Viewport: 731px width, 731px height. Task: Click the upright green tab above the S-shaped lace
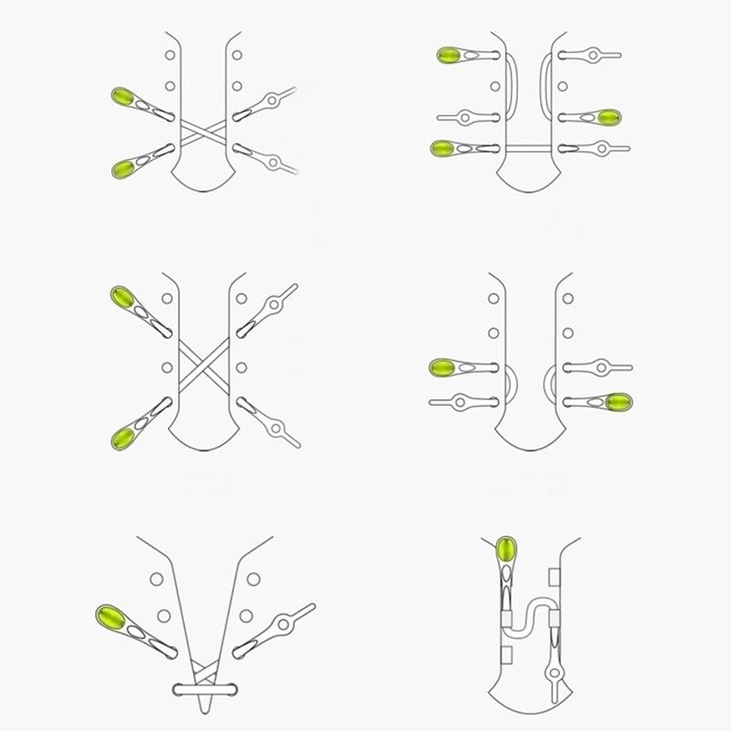[507, 552]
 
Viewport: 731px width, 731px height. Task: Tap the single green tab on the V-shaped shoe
[111, 616]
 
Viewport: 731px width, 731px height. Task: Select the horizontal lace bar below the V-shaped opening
[204, 686]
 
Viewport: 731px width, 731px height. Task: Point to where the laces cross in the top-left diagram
[204, 132]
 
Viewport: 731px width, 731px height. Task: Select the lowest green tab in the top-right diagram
[444, 147]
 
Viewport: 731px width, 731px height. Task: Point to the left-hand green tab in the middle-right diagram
[443, 367]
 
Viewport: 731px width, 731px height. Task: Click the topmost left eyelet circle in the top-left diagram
[170, 56]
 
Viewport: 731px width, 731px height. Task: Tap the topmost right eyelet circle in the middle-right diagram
[567, 299]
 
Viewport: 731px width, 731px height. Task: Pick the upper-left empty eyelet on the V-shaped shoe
[156, 578]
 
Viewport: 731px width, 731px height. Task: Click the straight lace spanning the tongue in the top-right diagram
[530, 147]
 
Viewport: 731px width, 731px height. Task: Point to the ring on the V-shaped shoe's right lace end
[285, 626]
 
